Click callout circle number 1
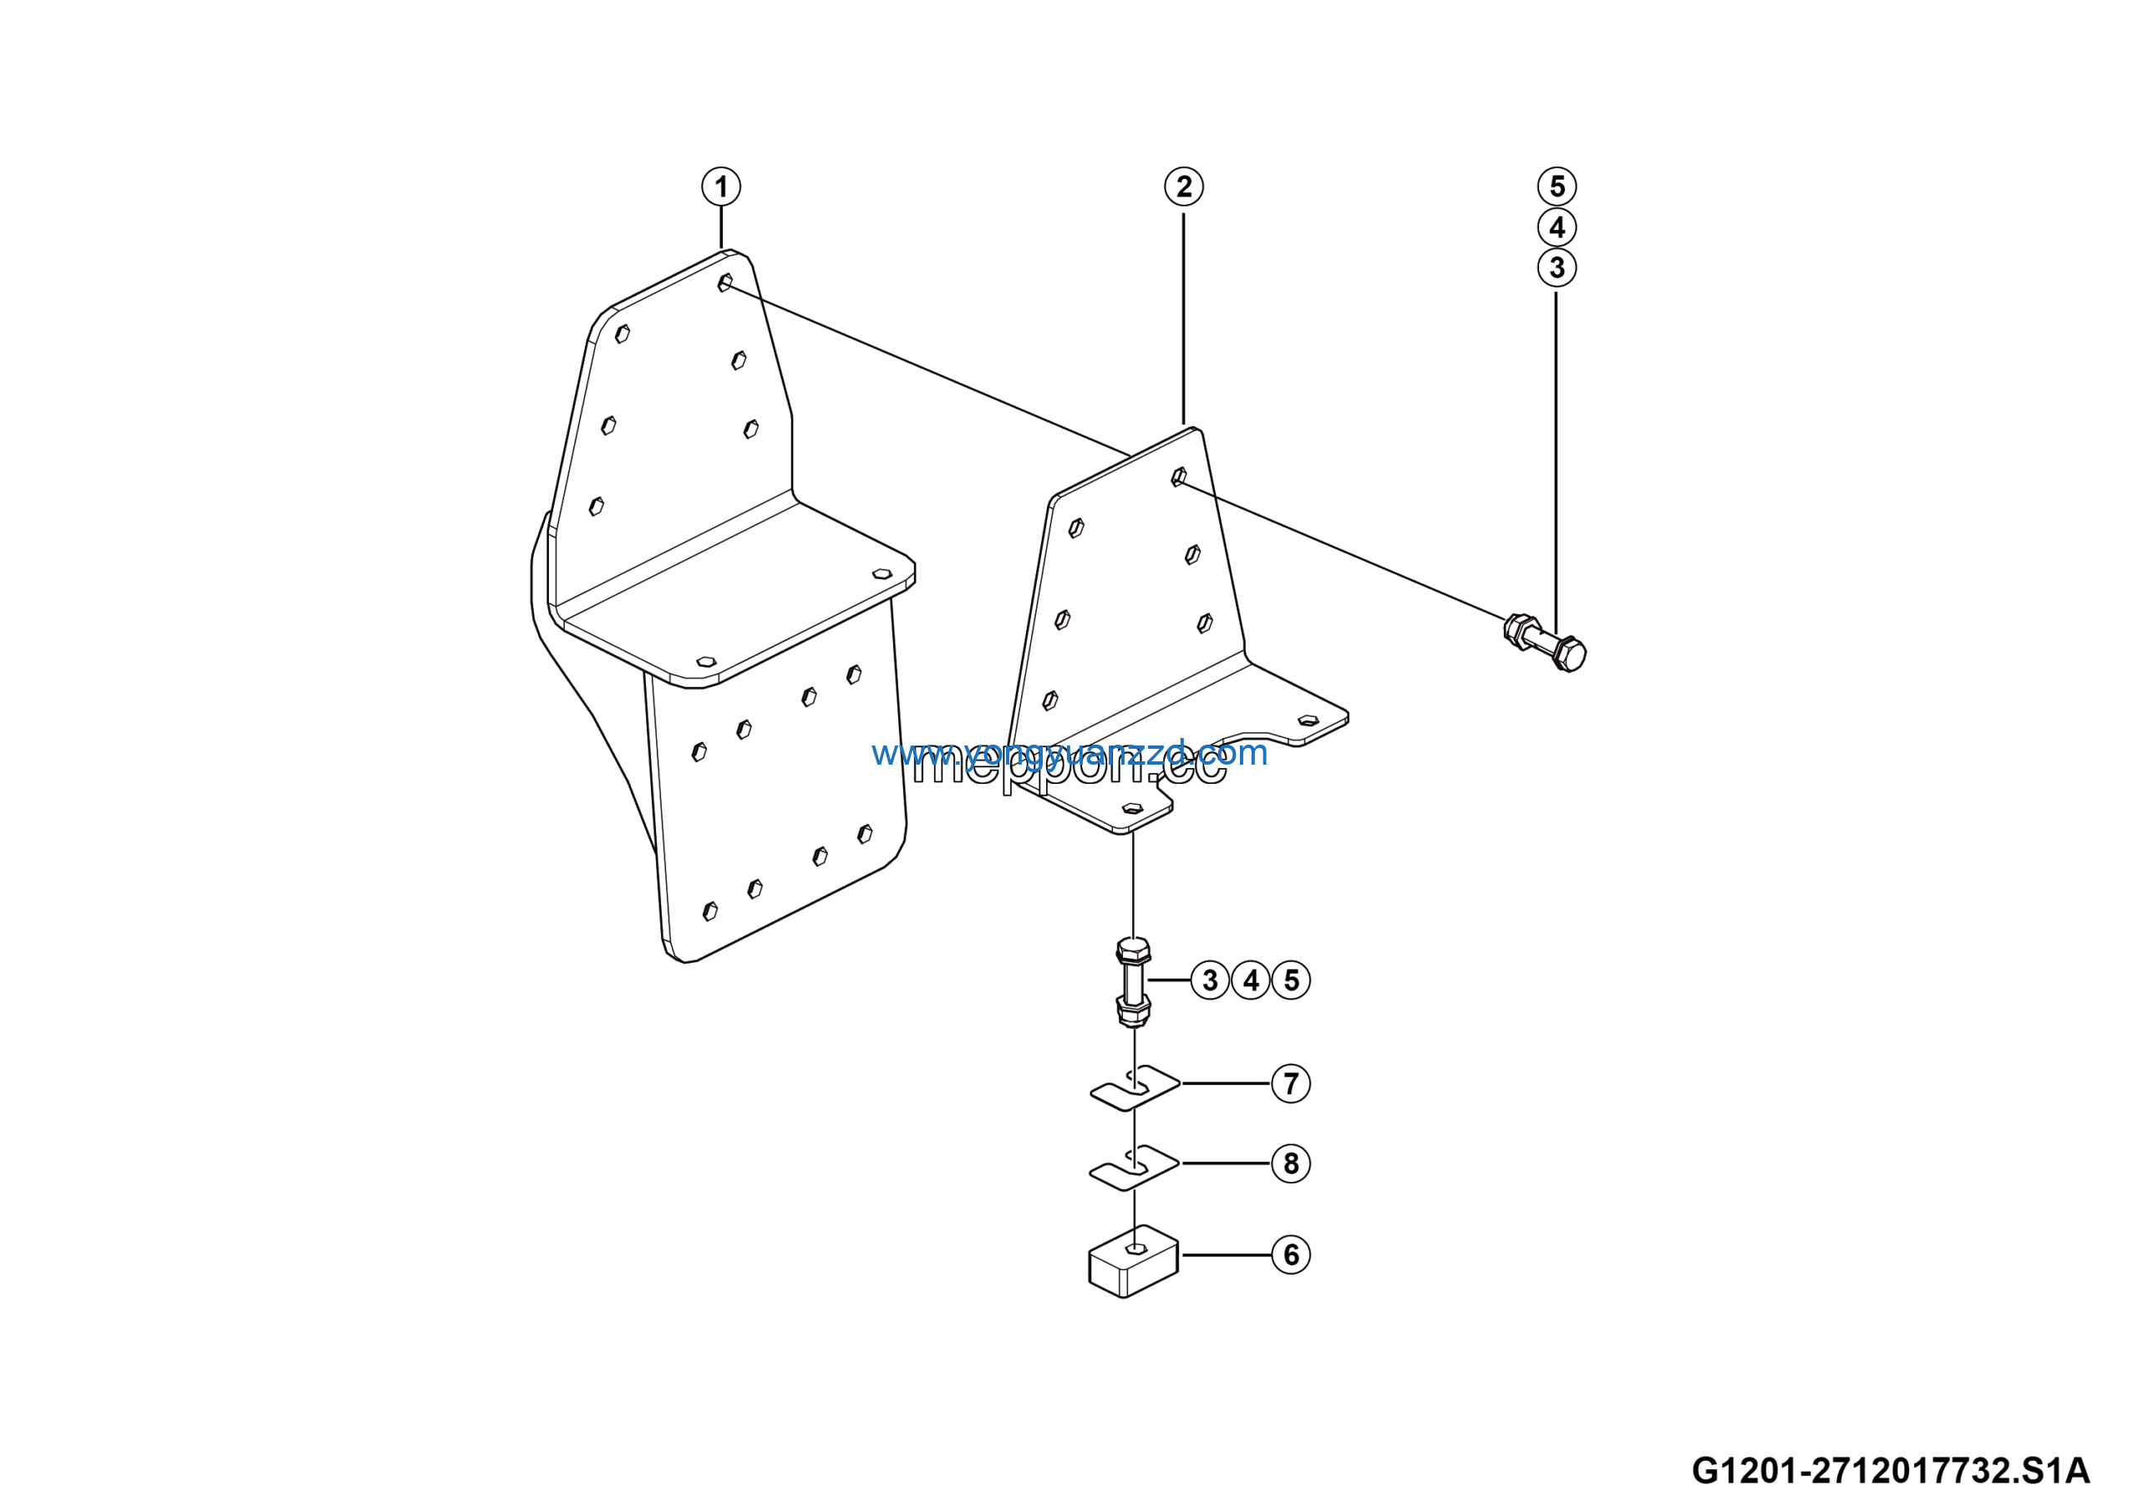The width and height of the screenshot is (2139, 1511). pos(720,187)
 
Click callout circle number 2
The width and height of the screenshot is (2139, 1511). pos(1183,187)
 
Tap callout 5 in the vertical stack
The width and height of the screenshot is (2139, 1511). pos(1557,186)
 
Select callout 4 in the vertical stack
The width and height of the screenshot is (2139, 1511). pos(1557,227)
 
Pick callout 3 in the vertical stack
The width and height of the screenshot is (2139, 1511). pos(1557,268)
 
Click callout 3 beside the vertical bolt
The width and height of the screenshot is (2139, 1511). pos(1209,980)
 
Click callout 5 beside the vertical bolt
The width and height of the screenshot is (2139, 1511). pos(1291,980)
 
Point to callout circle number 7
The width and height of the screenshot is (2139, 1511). pos(1290,1083)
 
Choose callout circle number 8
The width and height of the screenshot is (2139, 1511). pos(1290,1163)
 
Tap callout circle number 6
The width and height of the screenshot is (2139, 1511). pos(1290,1254)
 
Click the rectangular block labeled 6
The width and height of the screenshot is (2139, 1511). pos(1133,1265)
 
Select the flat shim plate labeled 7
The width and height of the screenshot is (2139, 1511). pos(1135,1088)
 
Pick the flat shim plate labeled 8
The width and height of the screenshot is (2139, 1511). pos(1135,1168)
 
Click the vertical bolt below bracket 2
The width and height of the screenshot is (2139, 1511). pos(1133,984)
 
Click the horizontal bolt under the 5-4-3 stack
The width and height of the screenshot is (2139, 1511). pos(1546,643)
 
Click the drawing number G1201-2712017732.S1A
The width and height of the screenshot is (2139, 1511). pos(1890,1471)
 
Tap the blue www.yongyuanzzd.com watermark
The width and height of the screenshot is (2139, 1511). pos(1069,753)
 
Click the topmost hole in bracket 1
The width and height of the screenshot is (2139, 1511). pos(724,283)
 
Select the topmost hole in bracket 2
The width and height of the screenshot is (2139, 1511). pos(1178,477)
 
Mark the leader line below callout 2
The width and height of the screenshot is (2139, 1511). pos(1183,317)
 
